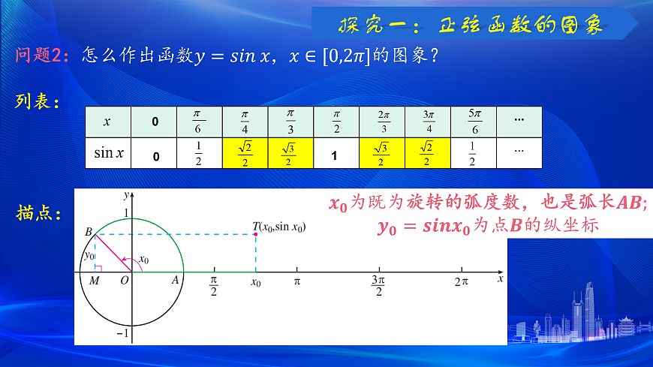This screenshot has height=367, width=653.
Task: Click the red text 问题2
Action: click(x=42, y=57)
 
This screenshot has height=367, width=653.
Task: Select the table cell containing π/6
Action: click(x=198, y=121)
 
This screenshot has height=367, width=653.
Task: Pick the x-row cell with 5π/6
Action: click(x=473, y=121)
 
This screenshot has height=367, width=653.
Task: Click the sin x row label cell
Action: click(x=108, y=153)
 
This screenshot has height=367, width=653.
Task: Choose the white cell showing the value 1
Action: click(x=336, y=155)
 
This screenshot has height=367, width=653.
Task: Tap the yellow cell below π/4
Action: click(x=245, y=153)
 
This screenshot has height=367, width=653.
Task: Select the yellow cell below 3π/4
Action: click(x=427, y=153)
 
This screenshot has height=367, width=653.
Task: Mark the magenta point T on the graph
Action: click(x=256, y=235)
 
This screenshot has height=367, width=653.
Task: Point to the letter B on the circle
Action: click(x=88, y=232)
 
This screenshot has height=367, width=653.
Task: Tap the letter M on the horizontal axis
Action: click(x=94, y=280)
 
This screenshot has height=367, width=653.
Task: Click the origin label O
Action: click(x=125, y=280)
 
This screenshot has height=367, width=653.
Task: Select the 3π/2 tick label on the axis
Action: click(x=379, y=285)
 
